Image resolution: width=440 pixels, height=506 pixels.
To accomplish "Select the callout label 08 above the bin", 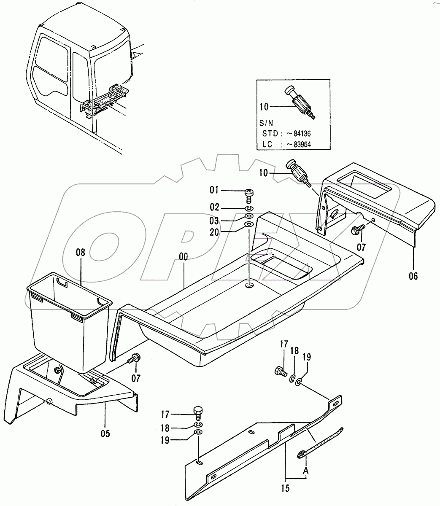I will click(x=80, y=253).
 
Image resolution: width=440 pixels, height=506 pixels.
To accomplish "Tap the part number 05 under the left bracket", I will click(x=105, y=433).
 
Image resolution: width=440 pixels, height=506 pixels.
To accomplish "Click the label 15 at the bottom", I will click(x=285, y=489).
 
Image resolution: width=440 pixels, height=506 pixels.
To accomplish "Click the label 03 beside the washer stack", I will click(x=215, y=221).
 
